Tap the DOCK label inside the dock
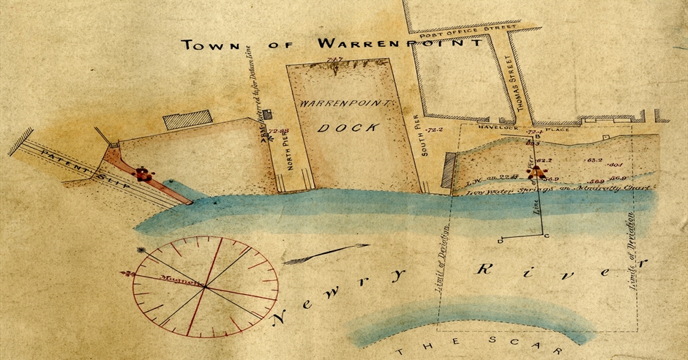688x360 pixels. pos(348,127)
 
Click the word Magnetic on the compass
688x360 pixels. pos(168,279)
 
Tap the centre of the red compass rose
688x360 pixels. pos(204,288)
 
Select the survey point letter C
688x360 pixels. pos(547,236)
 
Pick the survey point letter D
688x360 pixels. pos(500,240)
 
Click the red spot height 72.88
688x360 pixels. pos(280,131)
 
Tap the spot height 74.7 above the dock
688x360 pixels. pos(336,59)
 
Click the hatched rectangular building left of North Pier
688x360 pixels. pos(188,120)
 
